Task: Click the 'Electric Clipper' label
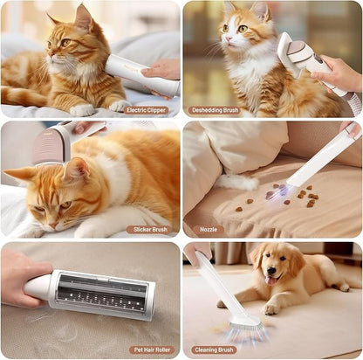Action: [147, 110]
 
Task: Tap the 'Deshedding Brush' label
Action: [215, 110]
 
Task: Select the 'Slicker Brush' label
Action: [150, 230]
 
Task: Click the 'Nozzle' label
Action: [209, 230]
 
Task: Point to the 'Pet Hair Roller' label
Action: [152, 350]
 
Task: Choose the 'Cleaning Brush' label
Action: [214, 350]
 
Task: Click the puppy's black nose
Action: [271, 271]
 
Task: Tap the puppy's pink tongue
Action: [271, 280]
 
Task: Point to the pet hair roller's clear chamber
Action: [102, 294]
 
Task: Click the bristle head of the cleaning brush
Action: [246, 324]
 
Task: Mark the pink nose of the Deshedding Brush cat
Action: [229, 38]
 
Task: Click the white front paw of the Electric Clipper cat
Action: [82, 110]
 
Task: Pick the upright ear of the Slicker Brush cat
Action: [76, 170]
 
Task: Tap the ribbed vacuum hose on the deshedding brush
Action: [354, 106]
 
